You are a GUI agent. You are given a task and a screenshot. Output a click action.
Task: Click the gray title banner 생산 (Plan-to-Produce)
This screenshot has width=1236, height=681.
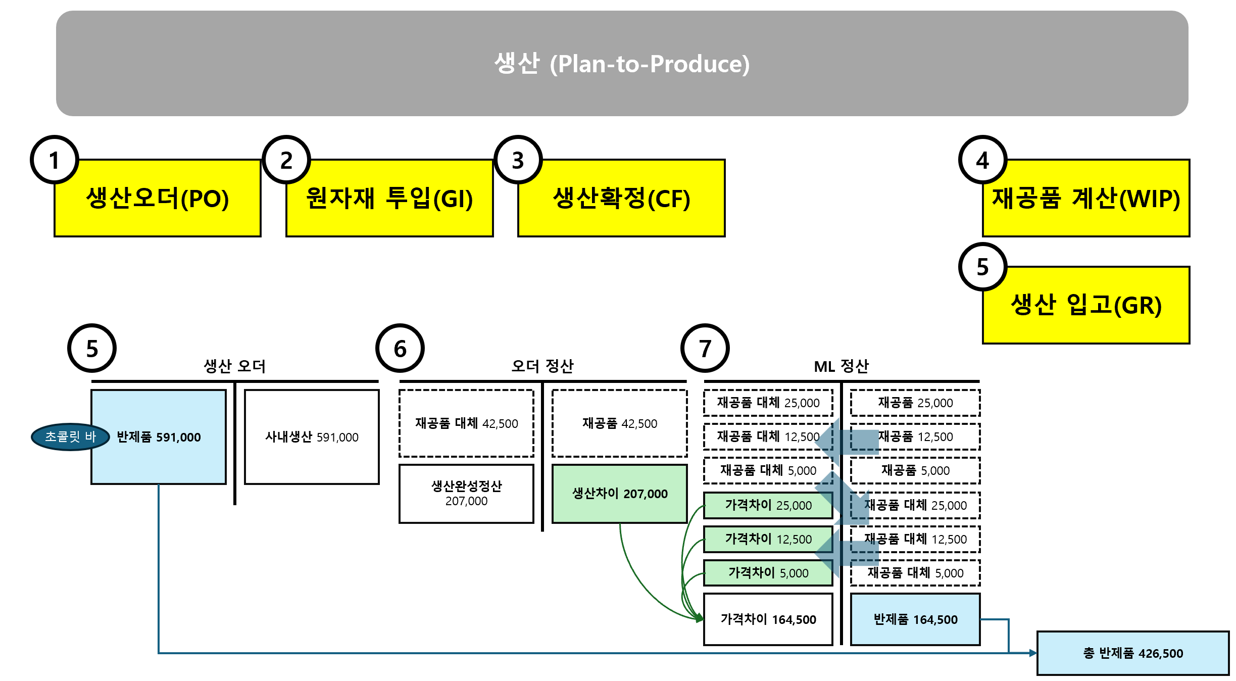pos(622,64)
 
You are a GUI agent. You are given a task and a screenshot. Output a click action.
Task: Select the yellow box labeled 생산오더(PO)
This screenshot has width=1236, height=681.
pos(158,198)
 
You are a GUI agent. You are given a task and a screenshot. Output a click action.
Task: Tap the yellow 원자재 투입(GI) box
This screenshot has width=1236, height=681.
pos(389,198)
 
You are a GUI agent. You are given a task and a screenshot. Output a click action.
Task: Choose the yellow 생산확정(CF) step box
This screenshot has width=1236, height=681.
pos(621,198)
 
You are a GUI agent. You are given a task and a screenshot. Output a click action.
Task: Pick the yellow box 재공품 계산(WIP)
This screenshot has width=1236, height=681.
pos(1086,198)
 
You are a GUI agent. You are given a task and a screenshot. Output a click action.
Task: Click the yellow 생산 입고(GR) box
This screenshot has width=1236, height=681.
pos(1086,305)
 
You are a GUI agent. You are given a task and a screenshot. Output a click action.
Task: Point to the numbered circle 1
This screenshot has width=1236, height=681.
pos(55,160)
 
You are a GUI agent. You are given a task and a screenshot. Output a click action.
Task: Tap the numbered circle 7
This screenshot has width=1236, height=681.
pos(705,348)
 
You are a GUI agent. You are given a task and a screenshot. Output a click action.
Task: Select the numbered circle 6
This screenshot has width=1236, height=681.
pos(400,348)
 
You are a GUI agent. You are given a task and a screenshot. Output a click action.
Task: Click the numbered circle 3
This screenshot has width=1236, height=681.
pos(518,160)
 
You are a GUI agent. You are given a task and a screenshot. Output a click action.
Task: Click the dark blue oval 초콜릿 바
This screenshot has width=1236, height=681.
pos(70,436)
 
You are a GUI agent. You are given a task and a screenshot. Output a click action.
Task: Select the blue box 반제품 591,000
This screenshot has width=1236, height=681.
pos(159,437)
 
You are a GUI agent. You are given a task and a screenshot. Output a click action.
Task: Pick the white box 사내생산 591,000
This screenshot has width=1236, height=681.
pos(312,437)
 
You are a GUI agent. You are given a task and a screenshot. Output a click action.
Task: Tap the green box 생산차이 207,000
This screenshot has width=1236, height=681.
pos(620,494)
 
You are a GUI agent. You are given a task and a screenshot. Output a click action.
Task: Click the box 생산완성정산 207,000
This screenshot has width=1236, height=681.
pos(466,494)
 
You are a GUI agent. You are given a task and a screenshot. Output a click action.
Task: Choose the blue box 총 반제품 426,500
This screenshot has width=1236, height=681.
pos(1132,653)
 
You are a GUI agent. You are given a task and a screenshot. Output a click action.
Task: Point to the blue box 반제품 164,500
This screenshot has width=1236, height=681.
pos(915,619)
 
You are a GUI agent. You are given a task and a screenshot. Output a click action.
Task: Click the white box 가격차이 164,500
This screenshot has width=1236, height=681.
pos(768,619)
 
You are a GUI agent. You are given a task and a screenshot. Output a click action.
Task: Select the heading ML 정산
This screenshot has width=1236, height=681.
pos(841,366)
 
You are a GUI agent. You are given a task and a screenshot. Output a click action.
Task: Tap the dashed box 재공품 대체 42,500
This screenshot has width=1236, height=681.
pos(466,423)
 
